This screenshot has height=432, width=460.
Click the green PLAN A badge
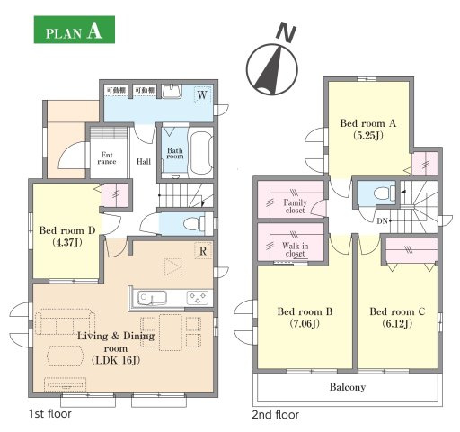(x=75, y=30)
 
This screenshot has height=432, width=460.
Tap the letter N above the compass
(x=286, y=32)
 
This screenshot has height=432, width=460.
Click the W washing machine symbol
(x=203, y=94)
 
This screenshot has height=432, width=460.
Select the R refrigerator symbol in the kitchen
(x=203, y=251)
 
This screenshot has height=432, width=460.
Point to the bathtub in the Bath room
(x=201, y=152)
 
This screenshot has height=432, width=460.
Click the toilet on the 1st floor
(x=193, y=223)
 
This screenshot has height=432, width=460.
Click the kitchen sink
(x=152, y=299)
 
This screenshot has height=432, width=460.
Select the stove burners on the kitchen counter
(x=198, y=298)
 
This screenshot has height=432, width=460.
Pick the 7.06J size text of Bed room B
(x=305, y=323)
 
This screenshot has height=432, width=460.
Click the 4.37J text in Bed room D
(x=67, y=242)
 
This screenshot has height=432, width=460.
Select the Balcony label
(x=348, y=387)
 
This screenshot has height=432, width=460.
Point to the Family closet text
(x=296, y=206)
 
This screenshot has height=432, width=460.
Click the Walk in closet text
(x=295, y=249)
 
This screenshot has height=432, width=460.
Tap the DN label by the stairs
(x=382, y=221)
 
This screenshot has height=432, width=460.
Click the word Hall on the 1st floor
(x=144, y=162)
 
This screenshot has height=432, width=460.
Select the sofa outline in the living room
(x=65, y=321)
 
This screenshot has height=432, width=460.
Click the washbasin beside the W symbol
(x=172, y=91)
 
